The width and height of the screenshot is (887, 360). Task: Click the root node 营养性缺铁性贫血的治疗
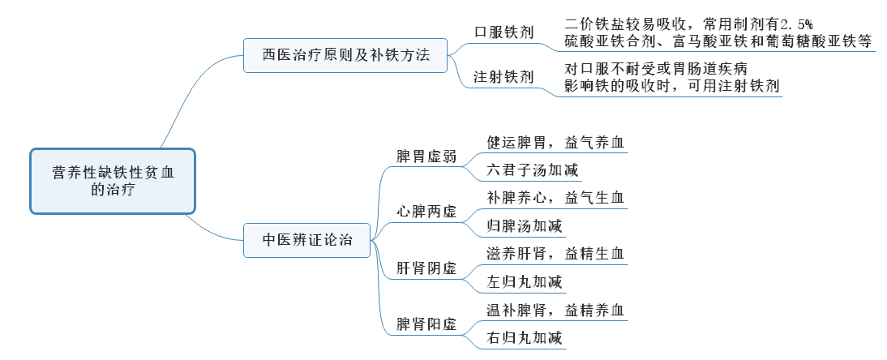click(x=113, y=181)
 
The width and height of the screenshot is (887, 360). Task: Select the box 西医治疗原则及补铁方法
click(x=345, y=56)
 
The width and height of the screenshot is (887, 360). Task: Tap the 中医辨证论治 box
click(x=307, y=239)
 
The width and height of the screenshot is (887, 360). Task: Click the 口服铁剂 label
click(x=503, y=32)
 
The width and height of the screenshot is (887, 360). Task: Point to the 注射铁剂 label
click(x=503, y=77)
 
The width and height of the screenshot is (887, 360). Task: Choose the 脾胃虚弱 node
click(x=426, y=156)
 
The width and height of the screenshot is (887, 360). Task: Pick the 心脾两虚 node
click(x=426, y=212)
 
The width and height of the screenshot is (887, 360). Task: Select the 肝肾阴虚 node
click(x=426, y=268)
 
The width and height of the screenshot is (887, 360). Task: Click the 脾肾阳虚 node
click(x=426, y=324)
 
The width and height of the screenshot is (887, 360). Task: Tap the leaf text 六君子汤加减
click(x=524, y=170)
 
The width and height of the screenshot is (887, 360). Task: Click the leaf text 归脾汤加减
click(x=524, y=225)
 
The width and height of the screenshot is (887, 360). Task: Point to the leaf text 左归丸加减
click(x=524, y=282)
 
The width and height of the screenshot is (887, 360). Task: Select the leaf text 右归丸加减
click(x=524, y=338)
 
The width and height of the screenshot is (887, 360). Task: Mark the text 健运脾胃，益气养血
click(x=555, y=142)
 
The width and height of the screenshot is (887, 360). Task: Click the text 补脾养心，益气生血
click(x=555, y=197)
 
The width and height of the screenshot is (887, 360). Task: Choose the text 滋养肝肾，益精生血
click(x=555, y=254)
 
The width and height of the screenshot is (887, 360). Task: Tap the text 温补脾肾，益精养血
click(x=555, y=310)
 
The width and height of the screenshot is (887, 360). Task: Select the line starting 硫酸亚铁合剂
click(x=718, y=38)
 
